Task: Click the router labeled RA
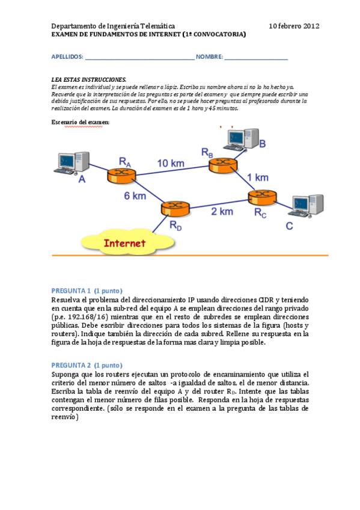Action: pyautogui.click(x=122, y=175)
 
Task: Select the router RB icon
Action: pyautogui.click(x=223, y=165)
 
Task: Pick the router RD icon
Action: pyautogui.click(x=175, y=209)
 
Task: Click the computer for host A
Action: pyautogui.click(x=71, y=164)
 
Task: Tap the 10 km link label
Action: pyautogui.click(x=171, y=163)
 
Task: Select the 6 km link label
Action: pyautogui.click(x=135, y=197)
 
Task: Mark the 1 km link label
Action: pyautogui.click(x=258, y=177)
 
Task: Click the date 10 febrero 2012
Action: pyautogui.click(x=294, y=26)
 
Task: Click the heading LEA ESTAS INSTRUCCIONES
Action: pyautogui.click(x=89, y=79)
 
